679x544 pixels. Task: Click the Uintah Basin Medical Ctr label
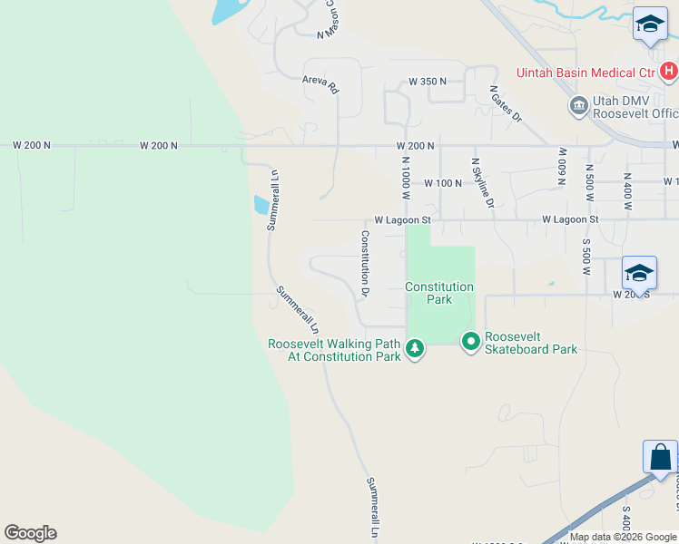point(586,73)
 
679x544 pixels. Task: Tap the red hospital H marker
point(669,70)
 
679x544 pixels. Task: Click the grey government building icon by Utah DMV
point(577,106)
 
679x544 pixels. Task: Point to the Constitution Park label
point(439,293)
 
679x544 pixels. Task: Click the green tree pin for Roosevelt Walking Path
point(415,347)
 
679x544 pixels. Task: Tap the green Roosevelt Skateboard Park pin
point(470,342)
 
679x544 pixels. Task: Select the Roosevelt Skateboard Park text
point(531,343)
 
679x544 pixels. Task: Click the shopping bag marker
point(660,457)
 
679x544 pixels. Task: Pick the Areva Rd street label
point(320,85)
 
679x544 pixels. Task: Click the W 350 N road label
point(428,82)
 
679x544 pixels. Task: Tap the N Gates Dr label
point(506,103)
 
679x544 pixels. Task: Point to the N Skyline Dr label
point(481,182)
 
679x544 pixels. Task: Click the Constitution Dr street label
point(365,264)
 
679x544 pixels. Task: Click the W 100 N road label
point(444,183)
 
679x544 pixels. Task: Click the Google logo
point(30,533)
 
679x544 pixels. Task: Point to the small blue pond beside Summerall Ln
point(261,205)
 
